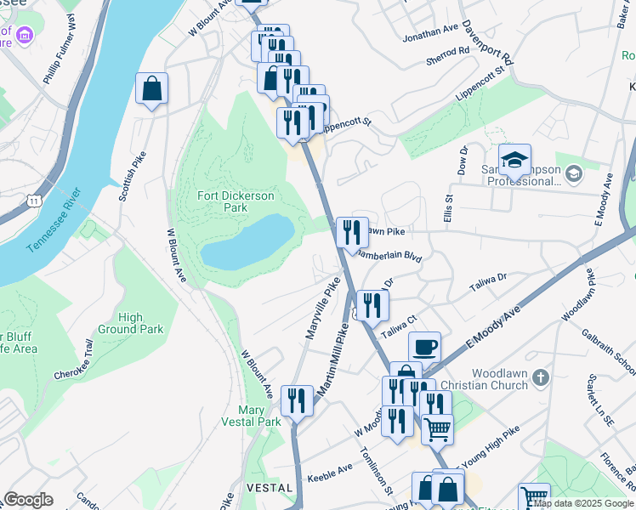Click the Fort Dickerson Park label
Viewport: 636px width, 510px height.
point(236,201)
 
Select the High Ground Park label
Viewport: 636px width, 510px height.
point(130,323)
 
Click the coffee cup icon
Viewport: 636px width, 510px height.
point(424,347)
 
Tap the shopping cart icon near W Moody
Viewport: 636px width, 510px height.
point(437,429)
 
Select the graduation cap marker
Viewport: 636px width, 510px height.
point(514,159)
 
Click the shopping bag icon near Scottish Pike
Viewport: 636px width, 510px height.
point(151,88)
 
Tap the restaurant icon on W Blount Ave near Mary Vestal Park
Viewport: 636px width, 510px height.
point(297,399)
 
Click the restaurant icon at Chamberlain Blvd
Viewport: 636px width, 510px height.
point(351,232)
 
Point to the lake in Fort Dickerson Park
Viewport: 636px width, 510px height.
point(247,241)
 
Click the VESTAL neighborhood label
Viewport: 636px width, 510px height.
point(263,488)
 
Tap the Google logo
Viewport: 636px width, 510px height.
point(28,500)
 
